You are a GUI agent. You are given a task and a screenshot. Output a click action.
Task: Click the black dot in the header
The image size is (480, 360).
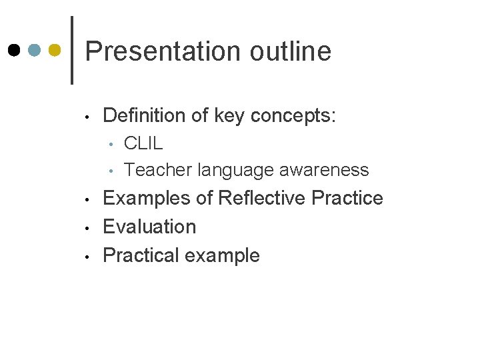point(15,51)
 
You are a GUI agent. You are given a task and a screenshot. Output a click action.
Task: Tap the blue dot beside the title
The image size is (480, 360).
point(35,51)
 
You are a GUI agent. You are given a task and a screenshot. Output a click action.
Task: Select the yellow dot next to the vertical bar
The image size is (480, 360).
point(56,51)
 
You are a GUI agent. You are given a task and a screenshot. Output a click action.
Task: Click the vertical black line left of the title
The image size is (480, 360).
point(72,50)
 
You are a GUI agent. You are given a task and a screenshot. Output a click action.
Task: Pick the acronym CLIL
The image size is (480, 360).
point(143,143)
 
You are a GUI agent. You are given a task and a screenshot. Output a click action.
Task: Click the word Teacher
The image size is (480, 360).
point(158,170)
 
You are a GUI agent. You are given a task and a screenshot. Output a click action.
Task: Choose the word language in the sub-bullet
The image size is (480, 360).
point(236,171)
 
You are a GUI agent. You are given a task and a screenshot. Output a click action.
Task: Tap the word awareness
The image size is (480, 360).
point(324,170)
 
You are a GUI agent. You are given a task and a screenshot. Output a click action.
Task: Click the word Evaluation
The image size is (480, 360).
point(149,227)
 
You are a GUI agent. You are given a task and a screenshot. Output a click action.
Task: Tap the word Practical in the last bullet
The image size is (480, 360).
point(141,255)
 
